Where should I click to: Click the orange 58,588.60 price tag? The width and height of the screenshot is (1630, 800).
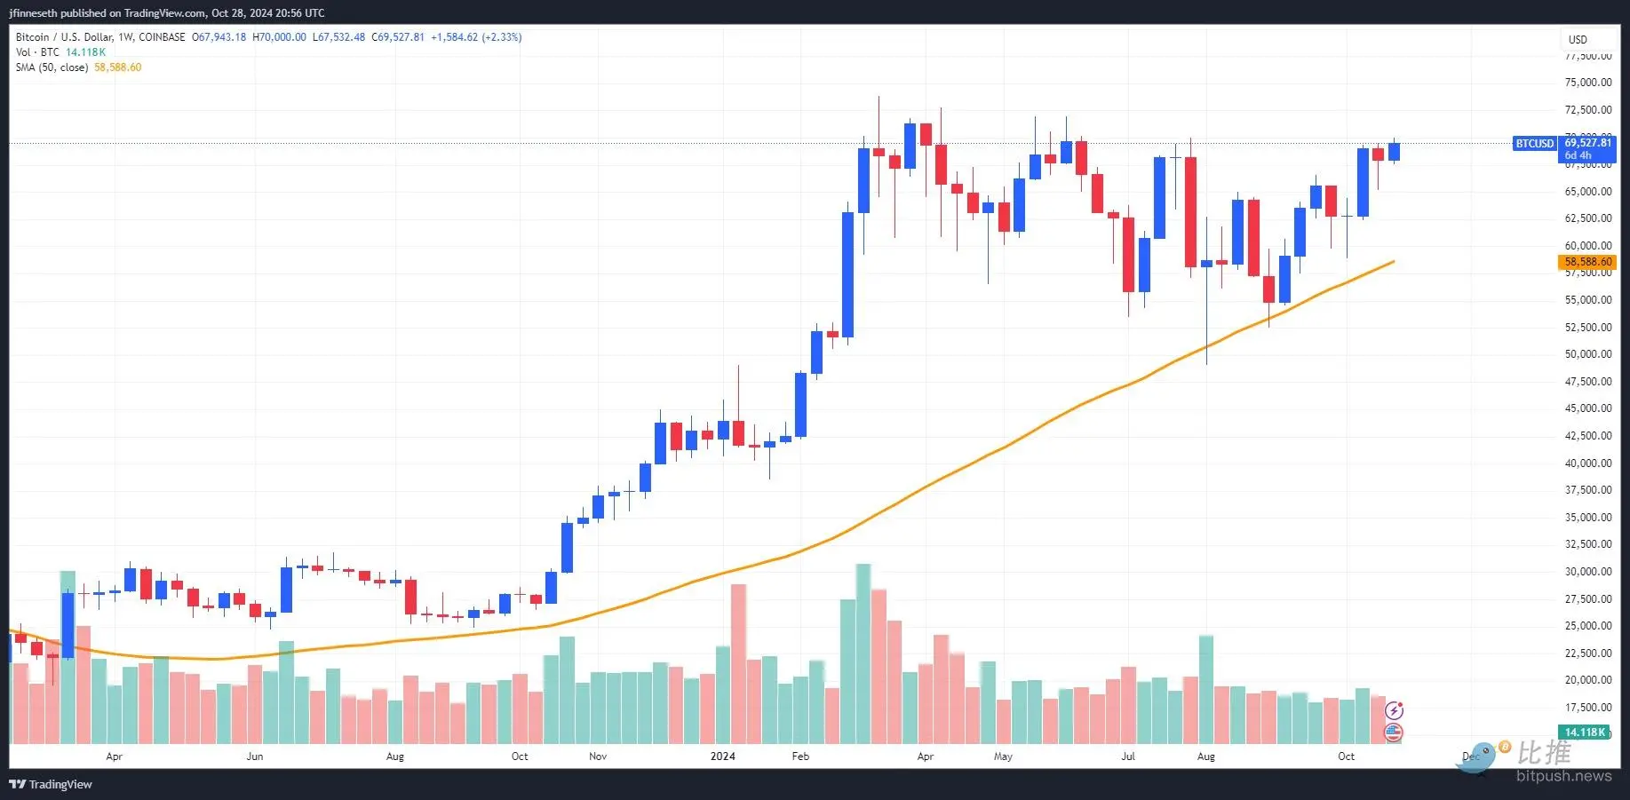click(x=1587, y=262)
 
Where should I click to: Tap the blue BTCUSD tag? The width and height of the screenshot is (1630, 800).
click(x=1534, y=143)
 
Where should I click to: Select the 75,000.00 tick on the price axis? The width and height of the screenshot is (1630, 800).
click(x=1587, y=83)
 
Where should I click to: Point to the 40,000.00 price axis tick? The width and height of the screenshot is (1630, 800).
click(x=1587, y=463)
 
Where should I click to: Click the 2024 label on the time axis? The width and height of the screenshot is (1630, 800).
click(x=723, y=756)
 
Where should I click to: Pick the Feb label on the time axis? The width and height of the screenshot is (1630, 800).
click(x=800, y=756)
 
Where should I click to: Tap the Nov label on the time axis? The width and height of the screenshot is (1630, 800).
click(x=598, y=756)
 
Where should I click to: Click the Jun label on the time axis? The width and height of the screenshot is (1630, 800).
click(x=255, y=756)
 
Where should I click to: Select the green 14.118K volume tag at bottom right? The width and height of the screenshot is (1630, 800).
click(x=1585, y=732)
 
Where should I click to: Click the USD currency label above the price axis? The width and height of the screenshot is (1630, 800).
click(x=1578, y=39)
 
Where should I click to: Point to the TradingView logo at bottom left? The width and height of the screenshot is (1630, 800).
click(x=51, y=784)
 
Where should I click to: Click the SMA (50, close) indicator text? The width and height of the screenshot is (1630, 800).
click(x=52, y=67)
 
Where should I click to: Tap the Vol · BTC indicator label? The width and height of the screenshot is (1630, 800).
click(x=37, y=52)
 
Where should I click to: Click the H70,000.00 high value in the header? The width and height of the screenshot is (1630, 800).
click(x=279, y=37)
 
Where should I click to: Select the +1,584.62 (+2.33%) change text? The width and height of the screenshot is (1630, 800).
click(x=476, y=37)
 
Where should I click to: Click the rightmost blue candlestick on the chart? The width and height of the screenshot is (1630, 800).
click(x=1395, y=152)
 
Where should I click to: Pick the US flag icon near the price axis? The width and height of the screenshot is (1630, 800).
click(x=1394, y=733)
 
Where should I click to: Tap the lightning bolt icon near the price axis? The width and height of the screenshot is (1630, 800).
click(x=1394, y=710)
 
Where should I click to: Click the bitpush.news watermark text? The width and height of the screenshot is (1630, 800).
click(x=1563, y=776)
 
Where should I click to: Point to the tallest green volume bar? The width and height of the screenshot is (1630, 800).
click(x=863, y=653)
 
